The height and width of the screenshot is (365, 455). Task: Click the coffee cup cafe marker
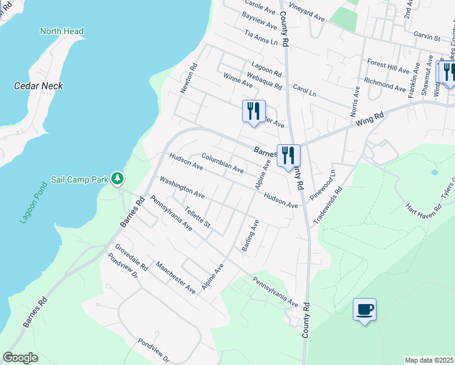tap(364, 309)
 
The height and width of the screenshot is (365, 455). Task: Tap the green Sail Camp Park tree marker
tap(117, 179)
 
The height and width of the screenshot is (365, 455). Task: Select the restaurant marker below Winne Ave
tap(254, 111)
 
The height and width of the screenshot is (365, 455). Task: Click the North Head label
tap(61, 31)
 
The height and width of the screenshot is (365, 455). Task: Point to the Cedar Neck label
tap(38, 86)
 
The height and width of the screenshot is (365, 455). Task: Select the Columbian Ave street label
tap(223, 163)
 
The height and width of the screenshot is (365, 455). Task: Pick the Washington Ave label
tap(182, 188)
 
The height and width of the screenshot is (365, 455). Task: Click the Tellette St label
tap(197, 217)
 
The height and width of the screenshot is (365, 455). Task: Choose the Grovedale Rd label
tap(131, 257)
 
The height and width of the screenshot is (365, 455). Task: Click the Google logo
tap(20, 358)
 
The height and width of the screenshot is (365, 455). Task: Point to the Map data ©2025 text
tap(429, 360)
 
